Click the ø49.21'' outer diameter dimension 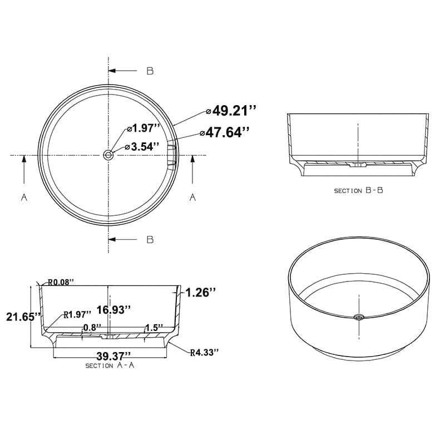coord(231,111)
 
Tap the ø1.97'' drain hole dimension coord(143,128)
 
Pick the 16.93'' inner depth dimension coord(113,309)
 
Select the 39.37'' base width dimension coord(113,355)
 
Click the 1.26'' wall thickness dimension coord(200,292)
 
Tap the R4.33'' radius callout coord(204,352)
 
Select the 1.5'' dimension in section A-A coord(154,327)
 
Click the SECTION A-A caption coord(110,365)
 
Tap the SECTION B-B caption coord(358,190)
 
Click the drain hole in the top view coord(108,155)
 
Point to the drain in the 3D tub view coord(359,318)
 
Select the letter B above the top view coord(150,71)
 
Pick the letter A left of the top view coord(24,197)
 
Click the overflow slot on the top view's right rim coord(173,155)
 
